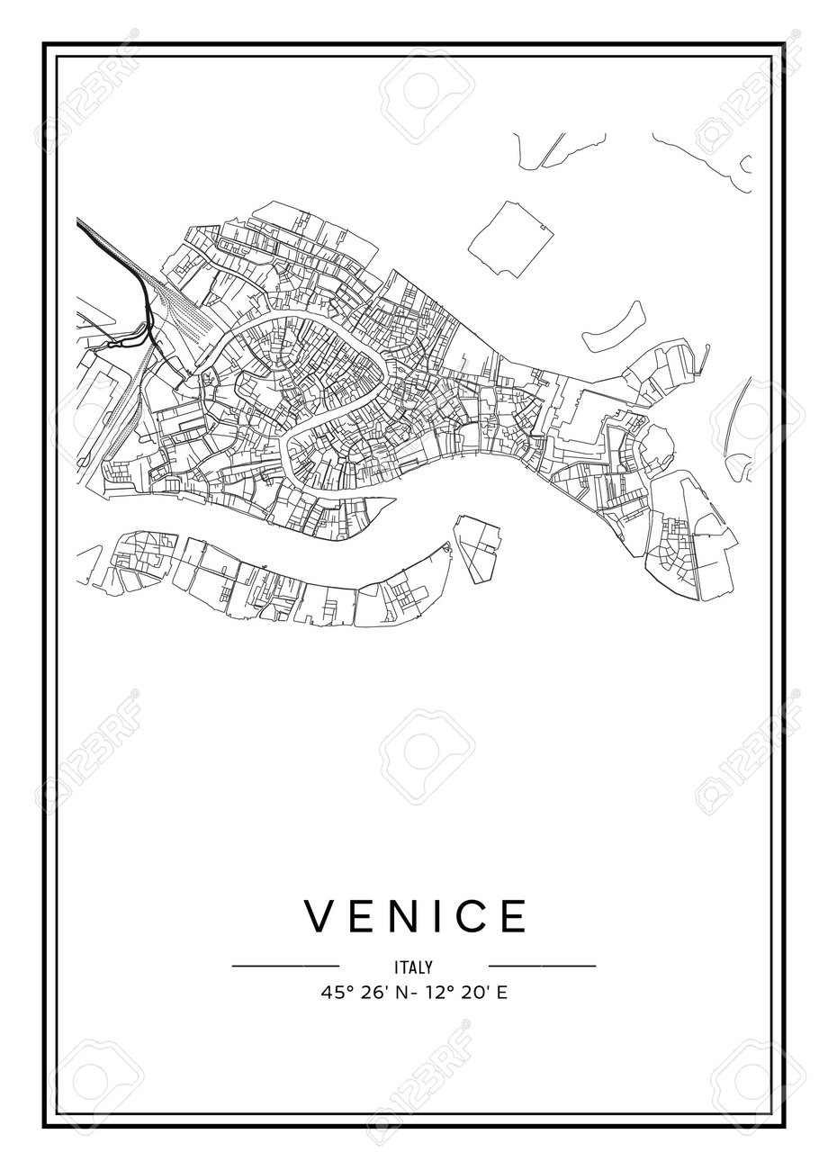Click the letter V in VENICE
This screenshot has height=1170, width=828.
coord(321,916)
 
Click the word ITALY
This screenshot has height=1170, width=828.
coord(414,967)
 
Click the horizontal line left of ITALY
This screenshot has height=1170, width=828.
coord(285,967)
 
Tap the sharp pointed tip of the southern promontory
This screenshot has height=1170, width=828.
coord(396,499)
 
